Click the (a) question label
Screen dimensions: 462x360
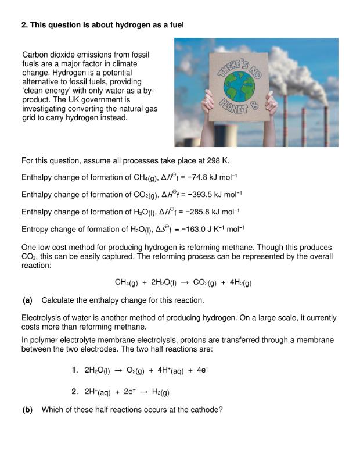(27, 300)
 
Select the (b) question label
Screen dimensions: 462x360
(27, 409)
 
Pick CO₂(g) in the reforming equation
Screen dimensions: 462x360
(204, 283)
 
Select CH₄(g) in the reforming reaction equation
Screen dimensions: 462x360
(128, 283)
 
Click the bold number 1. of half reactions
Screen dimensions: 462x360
(75, 370)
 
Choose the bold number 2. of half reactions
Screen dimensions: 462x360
(75, 392)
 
